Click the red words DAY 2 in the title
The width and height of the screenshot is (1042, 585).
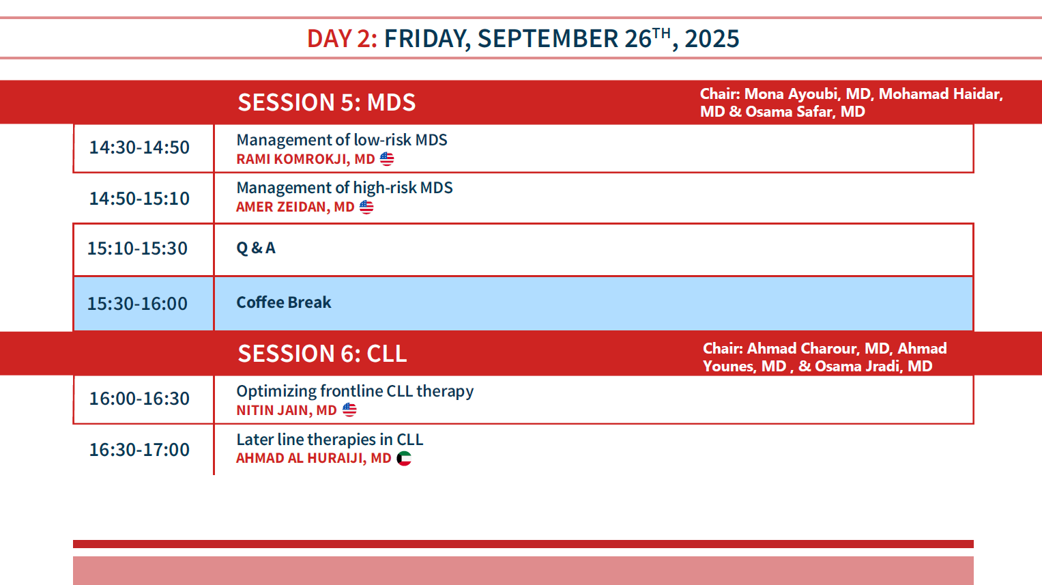pyautogui.click(x=341, y=38)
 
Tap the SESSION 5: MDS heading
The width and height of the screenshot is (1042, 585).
pyautogui.click(x=327, y=102)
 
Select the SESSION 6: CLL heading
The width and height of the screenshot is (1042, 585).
pyautogui.click(x=322, y=354)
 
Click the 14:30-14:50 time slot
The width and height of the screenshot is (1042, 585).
pyautogui.click(x=139, y=147)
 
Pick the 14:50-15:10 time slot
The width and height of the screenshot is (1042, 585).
pyautogui.click(x=139, y=199)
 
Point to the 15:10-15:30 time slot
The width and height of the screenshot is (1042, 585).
pyautogui.click(x=137, y=248)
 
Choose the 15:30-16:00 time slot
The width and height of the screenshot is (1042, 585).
pyautogui.click(x=137, y=304)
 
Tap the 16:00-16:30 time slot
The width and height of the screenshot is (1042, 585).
pyautogui.click(x=139, y=399)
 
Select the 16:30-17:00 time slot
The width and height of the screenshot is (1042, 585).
pyautogui.click(x=139, y=450)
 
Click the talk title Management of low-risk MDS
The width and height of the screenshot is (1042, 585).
pyautogui.click(x=342, y=140)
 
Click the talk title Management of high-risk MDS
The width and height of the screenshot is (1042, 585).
pyautogui.click(x=344, y=188)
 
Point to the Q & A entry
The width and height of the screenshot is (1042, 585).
pyautogui.click(x=256, y=248)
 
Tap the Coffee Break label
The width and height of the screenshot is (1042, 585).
pyautogui.click(x=284, y=302)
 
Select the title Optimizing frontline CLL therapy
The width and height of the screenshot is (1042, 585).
pyautogui.click(x=355, y=391)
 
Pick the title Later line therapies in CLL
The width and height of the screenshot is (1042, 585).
pyautogui.click(x=330, y=440)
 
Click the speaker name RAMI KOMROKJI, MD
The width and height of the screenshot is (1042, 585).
pyautogui.click(x=306, y=159)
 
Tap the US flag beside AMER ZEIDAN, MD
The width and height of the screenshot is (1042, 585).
pyautogui.click(x=366, y=207)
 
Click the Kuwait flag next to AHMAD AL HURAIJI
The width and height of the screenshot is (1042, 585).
pyautogui.click(x=404, y=459)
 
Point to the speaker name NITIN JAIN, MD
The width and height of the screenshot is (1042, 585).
pyautogui.click(x=287, y=410)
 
